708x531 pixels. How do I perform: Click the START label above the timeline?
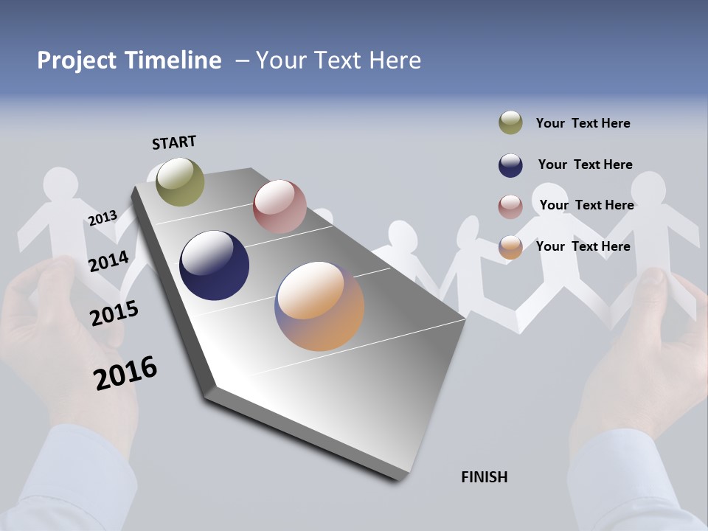click(x=174, y=142)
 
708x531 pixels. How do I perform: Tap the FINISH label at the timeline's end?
click(x=484, y=477)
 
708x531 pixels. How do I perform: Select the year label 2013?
click(x=103, y=218)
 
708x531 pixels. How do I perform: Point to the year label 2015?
click(x=114, y=313)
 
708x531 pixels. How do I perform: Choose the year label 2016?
click(x=125, y=373)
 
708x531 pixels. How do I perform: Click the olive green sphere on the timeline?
click(x=180, y=181)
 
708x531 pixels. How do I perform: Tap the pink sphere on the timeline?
click(x=280, y=206)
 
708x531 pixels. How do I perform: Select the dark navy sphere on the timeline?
click(x=214, y=265)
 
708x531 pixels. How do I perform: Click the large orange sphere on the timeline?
click(x=319, y=306)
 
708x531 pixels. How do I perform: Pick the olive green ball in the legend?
click(x=510, y=123)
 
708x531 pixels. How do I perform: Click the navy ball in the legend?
click(x=510, y=165)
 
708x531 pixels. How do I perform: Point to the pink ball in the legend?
click(x=510, y=206)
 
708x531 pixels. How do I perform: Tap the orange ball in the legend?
click(x=510, y=247)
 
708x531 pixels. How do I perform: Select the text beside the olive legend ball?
click(x=583, y=123)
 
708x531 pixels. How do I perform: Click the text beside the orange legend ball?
click(x=583, y=246)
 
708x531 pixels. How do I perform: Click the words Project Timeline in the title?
click(x=129, y=60)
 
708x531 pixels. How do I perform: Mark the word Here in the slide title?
click(x=395, y=60)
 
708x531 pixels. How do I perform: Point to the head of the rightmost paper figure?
click(x=648, y=187)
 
